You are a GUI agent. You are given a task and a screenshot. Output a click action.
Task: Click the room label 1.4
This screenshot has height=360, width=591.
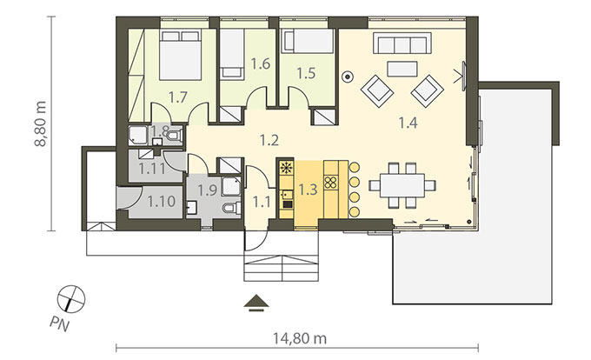pos(408,123)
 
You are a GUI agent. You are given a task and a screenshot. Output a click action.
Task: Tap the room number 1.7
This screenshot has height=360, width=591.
pos(177,97)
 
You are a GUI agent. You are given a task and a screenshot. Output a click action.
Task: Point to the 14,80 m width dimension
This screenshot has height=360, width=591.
pos(300,338)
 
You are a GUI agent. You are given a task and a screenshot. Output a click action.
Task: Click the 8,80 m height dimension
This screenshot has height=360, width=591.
pos(40,123)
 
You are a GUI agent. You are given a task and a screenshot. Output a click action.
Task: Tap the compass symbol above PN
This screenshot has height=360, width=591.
pos(71,298)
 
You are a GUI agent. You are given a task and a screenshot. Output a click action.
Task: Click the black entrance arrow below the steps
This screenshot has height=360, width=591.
pos(256,303)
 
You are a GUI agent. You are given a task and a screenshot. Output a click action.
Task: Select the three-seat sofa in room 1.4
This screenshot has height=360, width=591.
pos(402,43)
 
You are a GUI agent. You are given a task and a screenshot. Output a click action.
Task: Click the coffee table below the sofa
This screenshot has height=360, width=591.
pos(402,69)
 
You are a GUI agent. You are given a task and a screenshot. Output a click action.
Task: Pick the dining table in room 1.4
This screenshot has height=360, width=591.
pos(402,185)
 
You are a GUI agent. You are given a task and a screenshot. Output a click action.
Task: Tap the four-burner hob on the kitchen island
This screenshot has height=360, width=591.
pos(330,183)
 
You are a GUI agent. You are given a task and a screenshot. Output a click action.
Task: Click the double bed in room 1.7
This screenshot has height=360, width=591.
pos(180,56)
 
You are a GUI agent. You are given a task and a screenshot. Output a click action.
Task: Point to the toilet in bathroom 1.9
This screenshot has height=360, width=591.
pos(232,208)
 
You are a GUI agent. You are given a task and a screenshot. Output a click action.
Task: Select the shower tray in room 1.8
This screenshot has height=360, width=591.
pos(137,135)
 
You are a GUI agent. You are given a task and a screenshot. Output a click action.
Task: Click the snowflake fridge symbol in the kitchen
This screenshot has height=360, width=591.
pos(286,167)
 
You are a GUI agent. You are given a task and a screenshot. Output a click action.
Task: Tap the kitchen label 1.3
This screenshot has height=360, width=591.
pos(308,190)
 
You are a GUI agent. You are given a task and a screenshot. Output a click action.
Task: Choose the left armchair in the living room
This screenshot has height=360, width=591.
pos(377,90)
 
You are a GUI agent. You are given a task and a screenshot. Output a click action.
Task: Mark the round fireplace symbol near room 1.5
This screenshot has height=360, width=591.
pos(347,77)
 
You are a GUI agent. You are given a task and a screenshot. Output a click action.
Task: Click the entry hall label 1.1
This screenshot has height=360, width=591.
pos(262,202)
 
